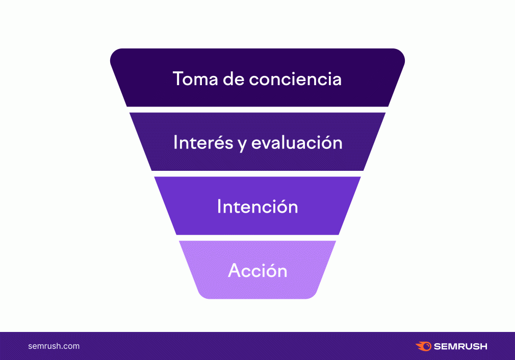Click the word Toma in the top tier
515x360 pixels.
tap(195, 79)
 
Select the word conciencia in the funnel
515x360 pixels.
tap(295, 79)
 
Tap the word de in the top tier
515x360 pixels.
tap(234, 79)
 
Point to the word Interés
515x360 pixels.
tap(203, 142)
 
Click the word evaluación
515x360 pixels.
tap(297, 142)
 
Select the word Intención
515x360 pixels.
tap(257, 207)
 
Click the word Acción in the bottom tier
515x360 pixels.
tap(257, 270)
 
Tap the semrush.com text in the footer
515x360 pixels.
tap(54, 346)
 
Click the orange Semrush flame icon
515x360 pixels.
tap(424, 346)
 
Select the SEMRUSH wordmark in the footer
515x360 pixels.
tap(460, 346)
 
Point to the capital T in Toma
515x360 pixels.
tap(178, 79)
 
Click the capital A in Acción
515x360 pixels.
tap(235, 270)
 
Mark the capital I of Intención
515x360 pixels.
tap(219, 207)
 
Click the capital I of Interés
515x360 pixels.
tap(175, 142)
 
